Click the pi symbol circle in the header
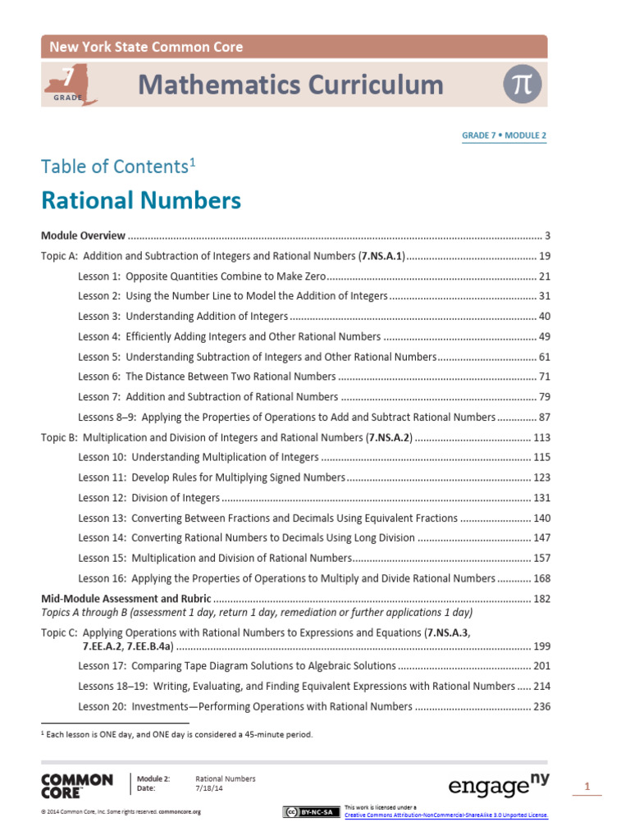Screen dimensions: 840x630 [x=523, y=85]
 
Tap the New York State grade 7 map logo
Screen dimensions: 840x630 [x=71, y=86]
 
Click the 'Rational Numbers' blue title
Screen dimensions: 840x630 [x=141, y=201]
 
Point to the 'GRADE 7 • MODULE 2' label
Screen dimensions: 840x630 [x=504, y=135]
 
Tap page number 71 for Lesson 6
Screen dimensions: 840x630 [x=543, y=377]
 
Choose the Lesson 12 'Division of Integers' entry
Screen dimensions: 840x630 [x=149, y=497]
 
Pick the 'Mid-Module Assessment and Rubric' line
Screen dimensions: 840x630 [x=126, y=599]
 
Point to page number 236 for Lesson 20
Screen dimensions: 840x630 [x=541, y=706]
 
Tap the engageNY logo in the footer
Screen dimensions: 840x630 [x=498, y=786]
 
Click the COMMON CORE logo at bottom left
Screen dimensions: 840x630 [x=76, y=785]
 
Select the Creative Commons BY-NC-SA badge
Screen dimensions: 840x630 [x=308, y=812]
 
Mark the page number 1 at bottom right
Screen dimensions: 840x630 [x=587, y=787]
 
